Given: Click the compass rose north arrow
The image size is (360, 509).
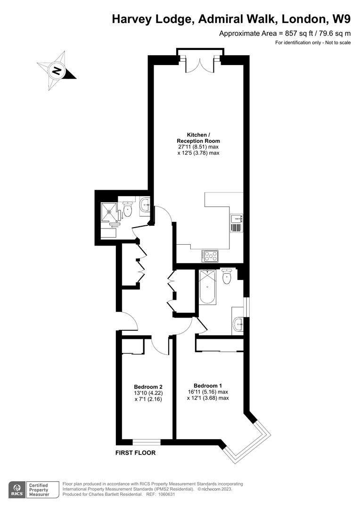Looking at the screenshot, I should (x=57, y=71).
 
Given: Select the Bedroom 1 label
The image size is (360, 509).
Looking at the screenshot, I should (x=207, y=385).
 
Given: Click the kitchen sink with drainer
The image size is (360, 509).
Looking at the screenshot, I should (x=236, y=222).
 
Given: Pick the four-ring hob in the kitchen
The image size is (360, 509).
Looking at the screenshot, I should (x=210, y=256).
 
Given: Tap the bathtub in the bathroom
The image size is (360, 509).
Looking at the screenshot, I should (x=207, y=287).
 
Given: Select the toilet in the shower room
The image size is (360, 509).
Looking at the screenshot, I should (x=127, y=209).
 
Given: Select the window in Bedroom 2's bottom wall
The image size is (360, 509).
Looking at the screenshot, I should (x=147, y=442).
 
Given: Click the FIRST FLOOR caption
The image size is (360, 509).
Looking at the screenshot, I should (x=136, y=453).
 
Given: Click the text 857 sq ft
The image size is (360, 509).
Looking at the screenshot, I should (x=288, y=33).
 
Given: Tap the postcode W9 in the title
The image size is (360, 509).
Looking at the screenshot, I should (x=341, y=19).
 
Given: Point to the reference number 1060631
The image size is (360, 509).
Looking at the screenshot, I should (x=173, y=494).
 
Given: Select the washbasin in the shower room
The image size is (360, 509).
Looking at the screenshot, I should (x=145, y=205).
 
